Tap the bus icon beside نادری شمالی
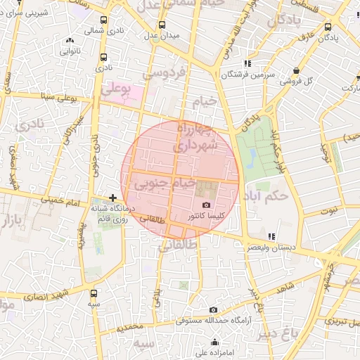coord(105,20)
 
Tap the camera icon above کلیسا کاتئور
coord(206,205)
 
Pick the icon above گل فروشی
coord(297,70)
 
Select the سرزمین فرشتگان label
coord(247,75)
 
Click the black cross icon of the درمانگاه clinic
coord(112,199)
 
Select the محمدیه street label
coord(130,327)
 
